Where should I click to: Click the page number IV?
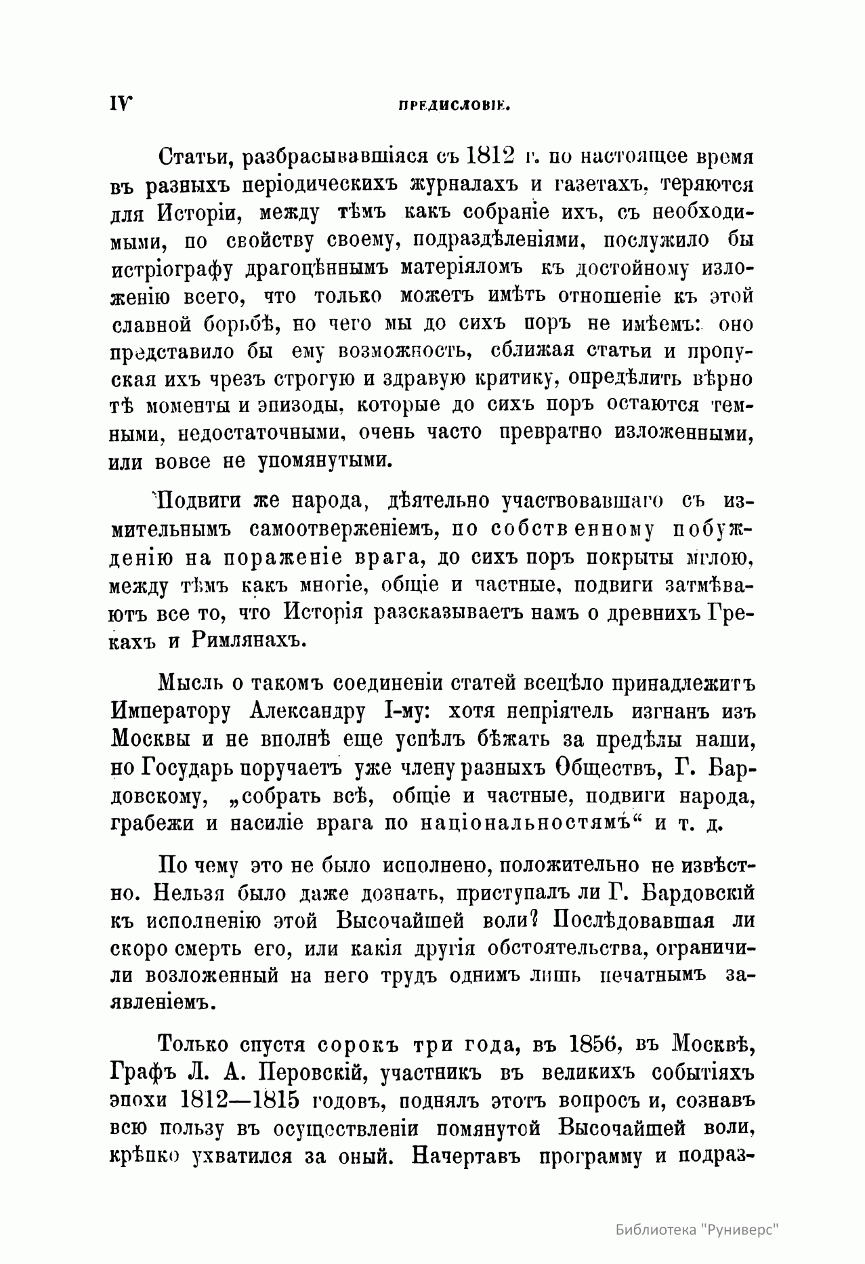point(121,104)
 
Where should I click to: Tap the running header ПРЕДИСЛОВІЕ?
point(454,106)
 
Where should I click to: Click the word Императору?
point(173,712)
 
